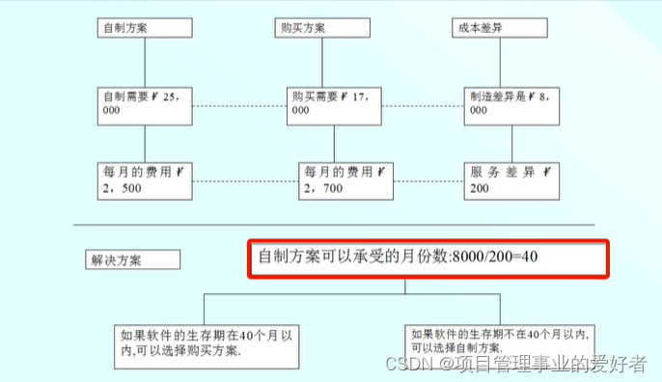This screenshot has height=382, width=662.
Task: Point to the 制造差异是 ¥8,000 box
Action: click(x=509, y=103)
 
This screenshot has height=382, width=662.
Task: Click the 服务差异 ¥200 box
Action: click(x=510, y=179)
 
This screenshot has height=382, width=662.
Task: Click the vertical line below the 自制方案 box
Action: click(x=144, y=62)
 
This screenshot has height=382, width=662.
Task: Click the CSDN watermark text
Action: click(x=405, y=364)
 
